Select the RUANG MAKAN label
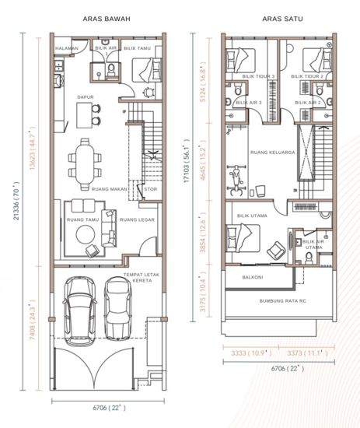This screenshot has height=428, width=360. (x=107, y=188)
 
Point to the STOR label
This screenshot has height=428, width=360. (x=151, y=188)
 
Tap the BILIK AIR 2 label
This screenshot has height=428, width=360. (x=309, y=102)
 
